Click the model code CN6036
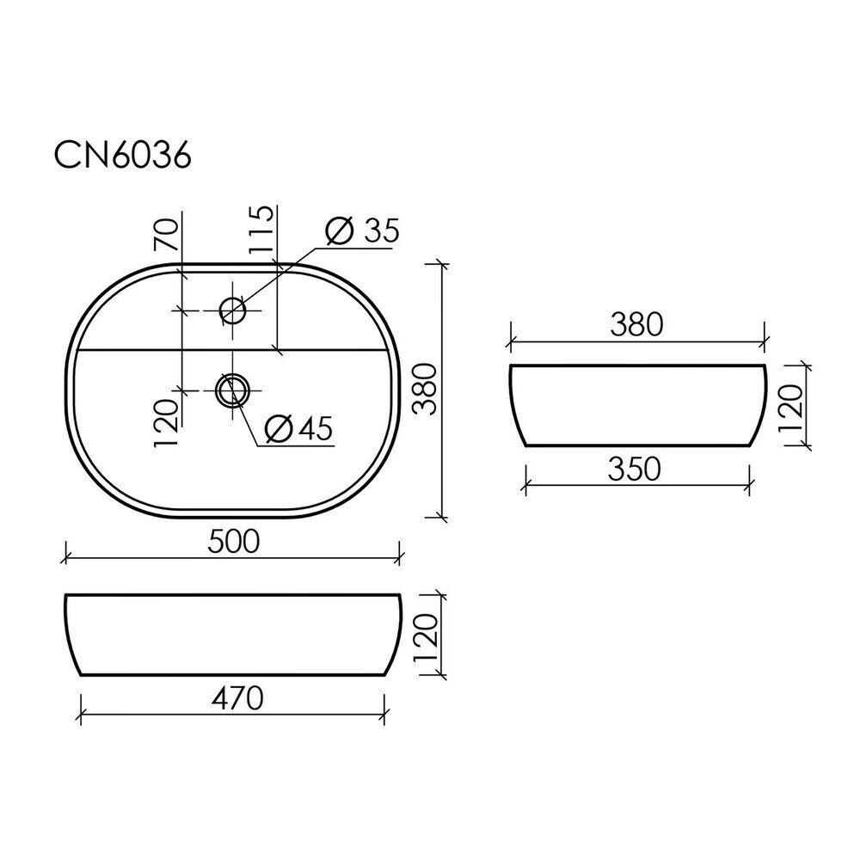122,157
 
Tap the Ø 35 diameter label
362,230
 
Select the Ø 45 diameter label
299,427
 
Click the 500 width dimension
234,542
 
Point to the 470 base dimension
237,698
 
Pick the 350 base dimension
634,470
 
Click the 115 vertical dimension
261,230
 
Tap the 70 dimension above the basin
166,235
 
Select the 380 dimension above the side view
636,324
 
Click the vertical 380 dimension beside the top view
425,389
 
